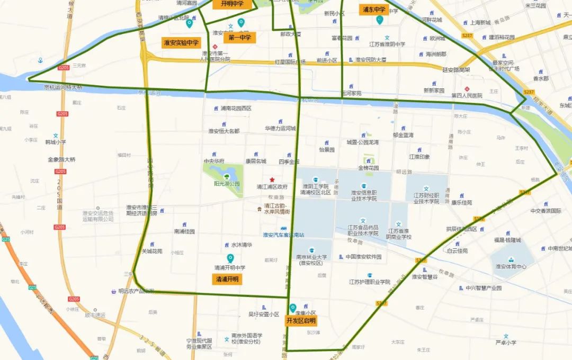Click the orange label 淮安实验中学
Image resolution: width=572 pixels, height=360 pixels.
pyautogui.click(x=180, y=43)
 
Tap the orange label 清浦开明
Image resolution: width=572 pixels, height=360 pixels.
pyautogui.click(x=227, y=279)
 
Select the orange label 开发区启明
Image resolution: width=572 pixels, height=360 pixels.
pyautogui.click(x=301, y=320)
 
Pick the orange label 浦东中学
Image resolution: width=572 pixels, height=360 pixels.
pyautogui.click(x=374, y=10)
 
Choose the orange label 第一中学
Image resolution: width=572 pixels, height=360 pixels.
pyautogui.click(x=240, y=38)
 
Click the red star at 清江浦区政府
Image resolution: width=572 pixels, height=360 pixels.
pyautogui.click(x=272, y=180)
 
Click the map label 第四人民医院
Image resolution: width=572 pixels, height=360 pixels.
pyautogui.click(x=467, y=96)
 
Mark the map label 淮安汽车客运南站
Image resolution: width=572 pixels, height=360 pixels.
pyautogui.click(x=284, y=235)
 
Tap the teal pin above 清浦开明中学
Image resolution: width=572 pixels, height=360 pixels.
pyautogui.click(x=230, y=258)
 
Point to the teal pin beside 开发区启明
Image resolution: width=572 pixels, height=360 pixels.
pyautogui.click(x=293, y=308)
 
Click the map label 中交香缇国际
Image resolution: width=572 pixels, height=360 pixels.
pyautogui.click(x=546, y=211)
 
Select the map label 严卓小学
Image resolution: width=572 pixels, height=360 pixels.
pyautogui.click(x=506, y=343)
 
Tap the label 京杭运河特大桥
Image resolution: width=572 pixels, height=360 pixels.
pyautogui.click(x=63, y=87)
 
